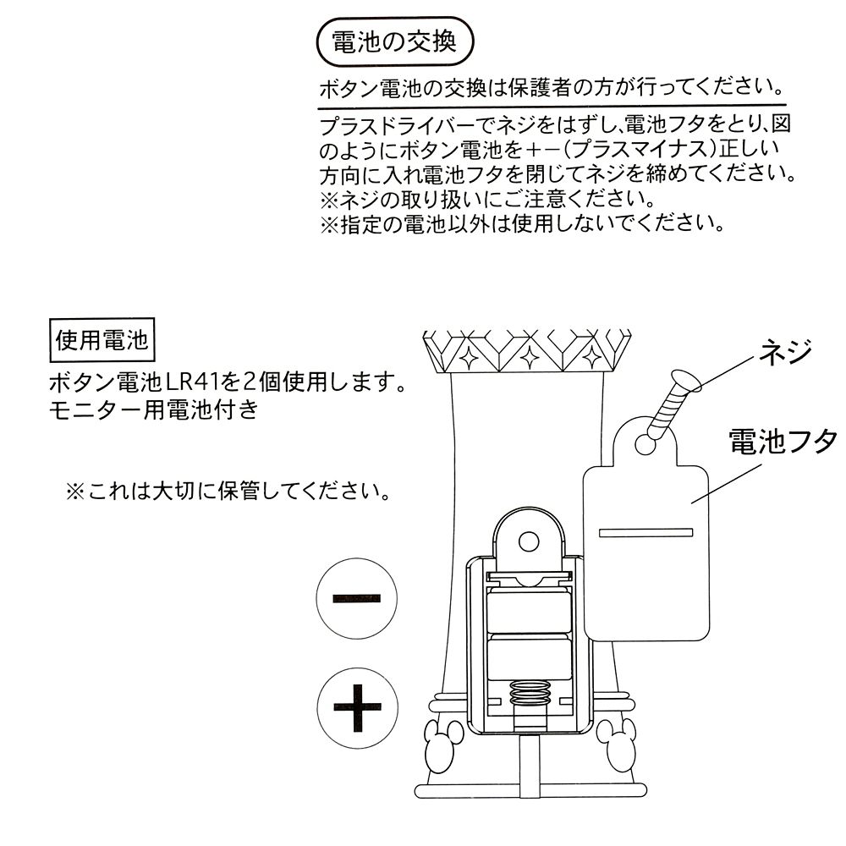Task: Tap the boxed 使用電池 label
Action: pos(102,341)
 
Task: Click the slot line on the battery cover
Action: pos(645,532)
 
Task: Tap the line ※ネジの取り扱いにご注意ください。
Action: pos(486,201)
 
